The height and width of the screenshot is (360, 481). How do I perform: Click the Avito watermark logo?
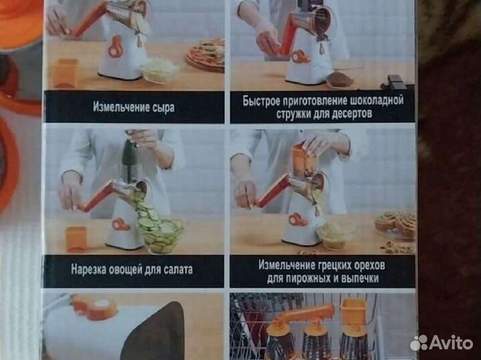[442, 343]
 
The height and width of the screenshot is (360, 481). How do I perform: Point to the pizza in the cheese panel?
[205, 53]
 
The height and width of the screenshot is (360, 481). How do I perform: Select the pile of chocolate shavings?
[340, 79]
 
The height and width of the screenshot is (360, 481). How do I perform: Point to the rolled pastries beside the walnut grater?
[396, 224]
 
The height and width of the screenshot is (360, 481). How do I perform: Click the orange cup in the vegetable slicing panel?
[77, 238]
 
